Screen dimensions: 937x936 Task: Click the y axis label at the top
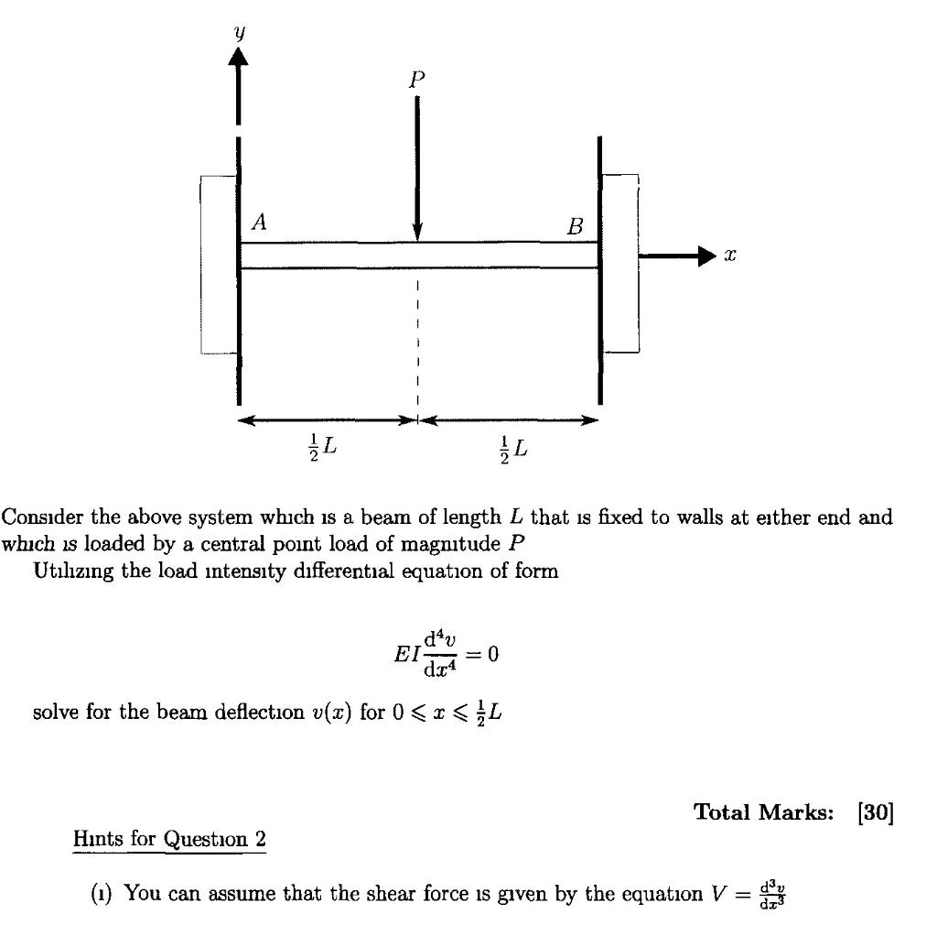(239, 33)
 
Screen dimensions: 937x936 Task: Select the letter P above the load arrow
(417, 81)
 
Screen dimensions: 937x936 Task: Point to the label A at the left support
(260, 222)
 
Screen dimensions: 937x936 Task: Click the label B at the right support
(574, 226)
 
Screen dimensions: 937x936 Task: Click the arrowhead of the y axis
(238, 57)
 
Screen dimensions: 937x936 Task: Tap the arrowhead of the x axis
(703, 257)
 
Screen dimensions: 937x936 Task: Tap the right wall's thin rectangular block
(621, 264)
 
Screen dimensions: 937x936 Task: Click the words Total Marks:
(762, 811)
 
